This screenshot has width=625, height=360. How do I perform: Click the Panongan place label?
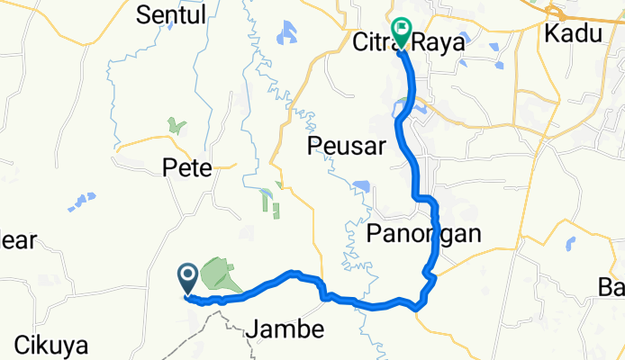[x=424, y=234]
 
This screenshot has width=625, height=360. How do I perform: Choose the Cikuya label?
[x=50, y=346]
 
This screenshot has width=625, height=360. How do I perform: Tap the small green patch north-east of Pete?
[x=177, y=125]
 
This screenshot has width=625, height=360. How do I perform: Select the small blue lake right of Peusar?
[x=362, y=187]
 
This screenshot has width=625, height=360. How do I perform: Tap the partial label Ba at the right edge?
[x=611, y=288]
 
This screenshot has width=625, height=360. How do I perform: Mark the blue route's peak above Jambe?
[x=290, y=272]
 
